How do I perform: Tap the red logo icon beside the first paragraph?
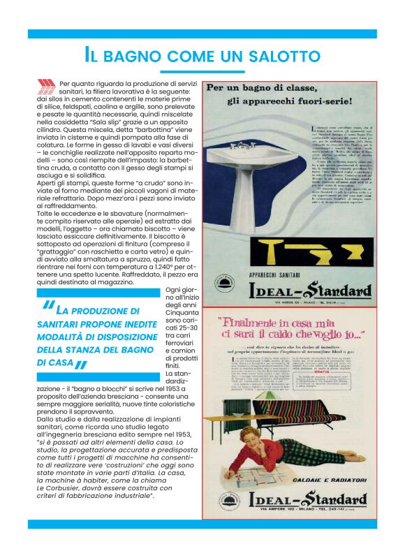46,87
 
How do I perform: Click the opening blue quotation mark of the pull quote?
47,307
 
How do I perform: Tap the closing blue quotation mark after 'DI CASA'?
82,365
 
